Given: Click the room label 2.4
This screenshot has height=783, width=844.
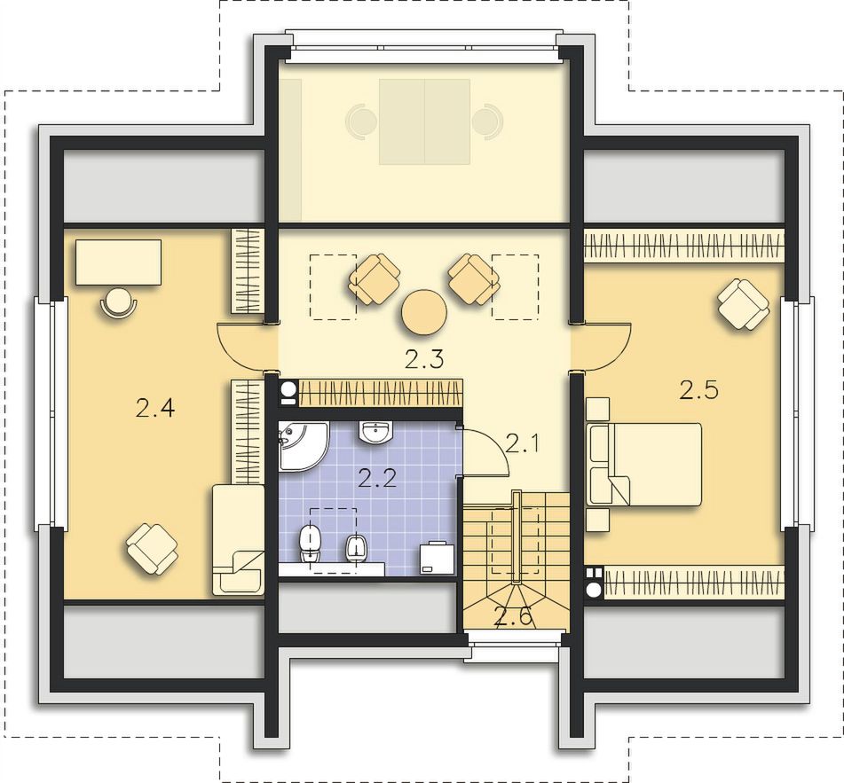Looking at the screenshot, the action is click(155, 410).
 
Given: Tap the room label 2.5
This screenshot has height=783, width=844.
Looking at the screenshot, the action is click(698, 389).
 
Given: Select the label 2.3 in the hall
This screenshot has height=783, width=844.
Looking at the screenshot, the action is click(424, 359).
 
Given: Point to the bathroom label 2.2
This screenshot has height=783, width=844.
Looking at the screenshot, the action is click(377, 478).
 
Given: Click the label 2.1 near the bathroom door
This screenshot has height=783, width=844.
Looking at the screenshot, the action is click(522, 444).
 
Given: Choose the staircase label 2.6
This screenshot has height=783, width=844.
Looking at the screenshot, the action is click(514, 616).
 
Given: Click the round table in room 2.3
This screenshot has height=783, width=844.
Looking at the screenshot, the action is click(424, 312).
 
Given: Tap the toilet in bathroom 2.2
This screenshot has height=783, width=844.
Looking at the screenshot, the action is click(310, 544).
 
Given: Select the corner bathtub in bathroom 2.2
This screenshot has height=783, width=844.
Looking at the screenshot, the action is click(303, 446).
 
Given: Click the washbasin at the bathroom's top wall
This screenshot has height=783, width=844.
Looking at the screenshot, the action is click(376, 433).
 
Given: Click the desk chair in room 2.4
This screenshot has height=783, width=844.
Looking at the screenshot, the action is click(119, 302).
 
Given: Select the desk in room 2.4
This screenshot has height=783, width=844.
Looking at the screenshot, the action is click(118, 262).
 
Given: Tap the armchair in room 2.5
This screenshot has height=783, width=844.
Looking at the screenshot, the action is click(744, 304).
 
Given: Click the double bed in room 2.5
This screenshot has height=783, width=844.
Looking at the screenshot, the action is click(644, 464).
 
